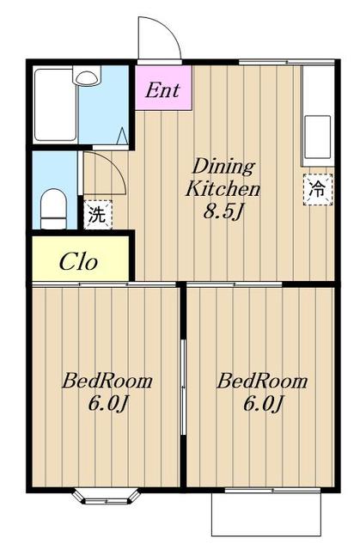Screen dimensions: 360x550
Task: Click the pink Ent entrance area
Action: point(163,88)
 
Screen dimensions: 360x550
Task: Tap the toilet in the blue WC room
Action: point(53,209)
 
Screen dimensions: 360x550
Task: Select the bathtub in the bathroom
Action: point(55,105)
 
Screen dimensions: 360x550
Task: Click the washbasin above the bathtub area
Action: point(87,76)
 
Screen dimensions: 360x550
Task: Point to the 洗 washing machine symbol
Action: point(98,215)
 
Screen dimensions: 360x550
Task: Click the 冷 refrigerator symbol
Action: point(318,189)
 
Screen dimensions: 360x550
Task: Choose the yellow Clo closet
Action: point(80,259)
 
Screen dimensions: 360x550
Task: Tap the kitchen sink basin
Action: point(318,137)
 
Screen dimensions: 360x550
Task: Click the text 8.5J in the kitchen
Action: point(223,211)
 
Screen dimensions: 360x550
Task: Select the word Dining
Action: point(223,167)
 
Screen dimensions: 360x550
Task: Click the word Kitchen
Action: point(223,188)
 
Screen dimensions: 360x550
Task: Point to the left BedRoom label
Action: point(107,381)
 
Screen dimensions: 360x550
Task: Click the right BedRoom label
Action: point(262,381)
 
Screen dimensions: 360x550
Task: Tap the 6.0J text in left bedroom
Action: point(107,403)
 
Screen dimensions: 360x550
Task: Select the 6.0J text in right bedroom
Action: point(263,403)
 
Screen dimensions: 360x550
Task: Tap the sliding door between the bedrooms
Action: point(183,387)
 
